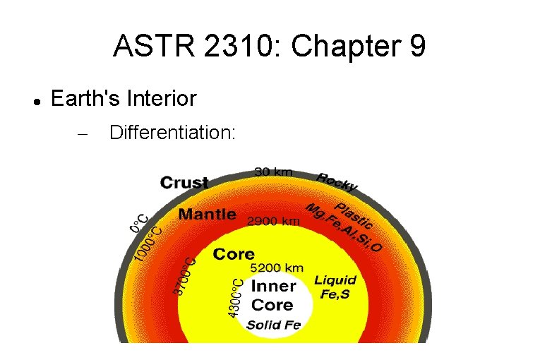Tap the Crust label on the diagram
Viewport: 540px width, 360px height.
pyautogui.click(x=184, y=183)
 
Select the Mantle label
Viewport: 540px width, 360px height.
pyautogui.click(x=208, y=214)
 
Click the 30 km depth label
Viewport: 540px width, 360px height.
pyautogui.click(x=273, y=172)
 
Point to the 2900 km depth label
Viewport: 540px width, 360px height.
pyautogui.click(x=273, y=221)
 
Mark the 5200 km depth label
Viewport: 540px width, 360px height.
pyautogui.click(x=277, y=268)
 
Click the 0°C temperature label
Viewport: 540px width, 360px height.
pyautogui.click(x=139, y=224)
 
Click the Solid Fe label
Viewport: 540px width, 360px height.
pyautogui.click(x=273, y=325)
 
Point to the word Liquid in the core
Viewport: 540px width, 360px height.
pyautogui.click(x=335, y=280)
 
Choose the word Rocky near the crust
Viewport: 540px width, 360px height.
pyautogui.click(x=337, y=181)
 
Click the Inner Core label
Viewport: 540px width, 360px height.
pyautogui.click(x=272, y=296)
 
